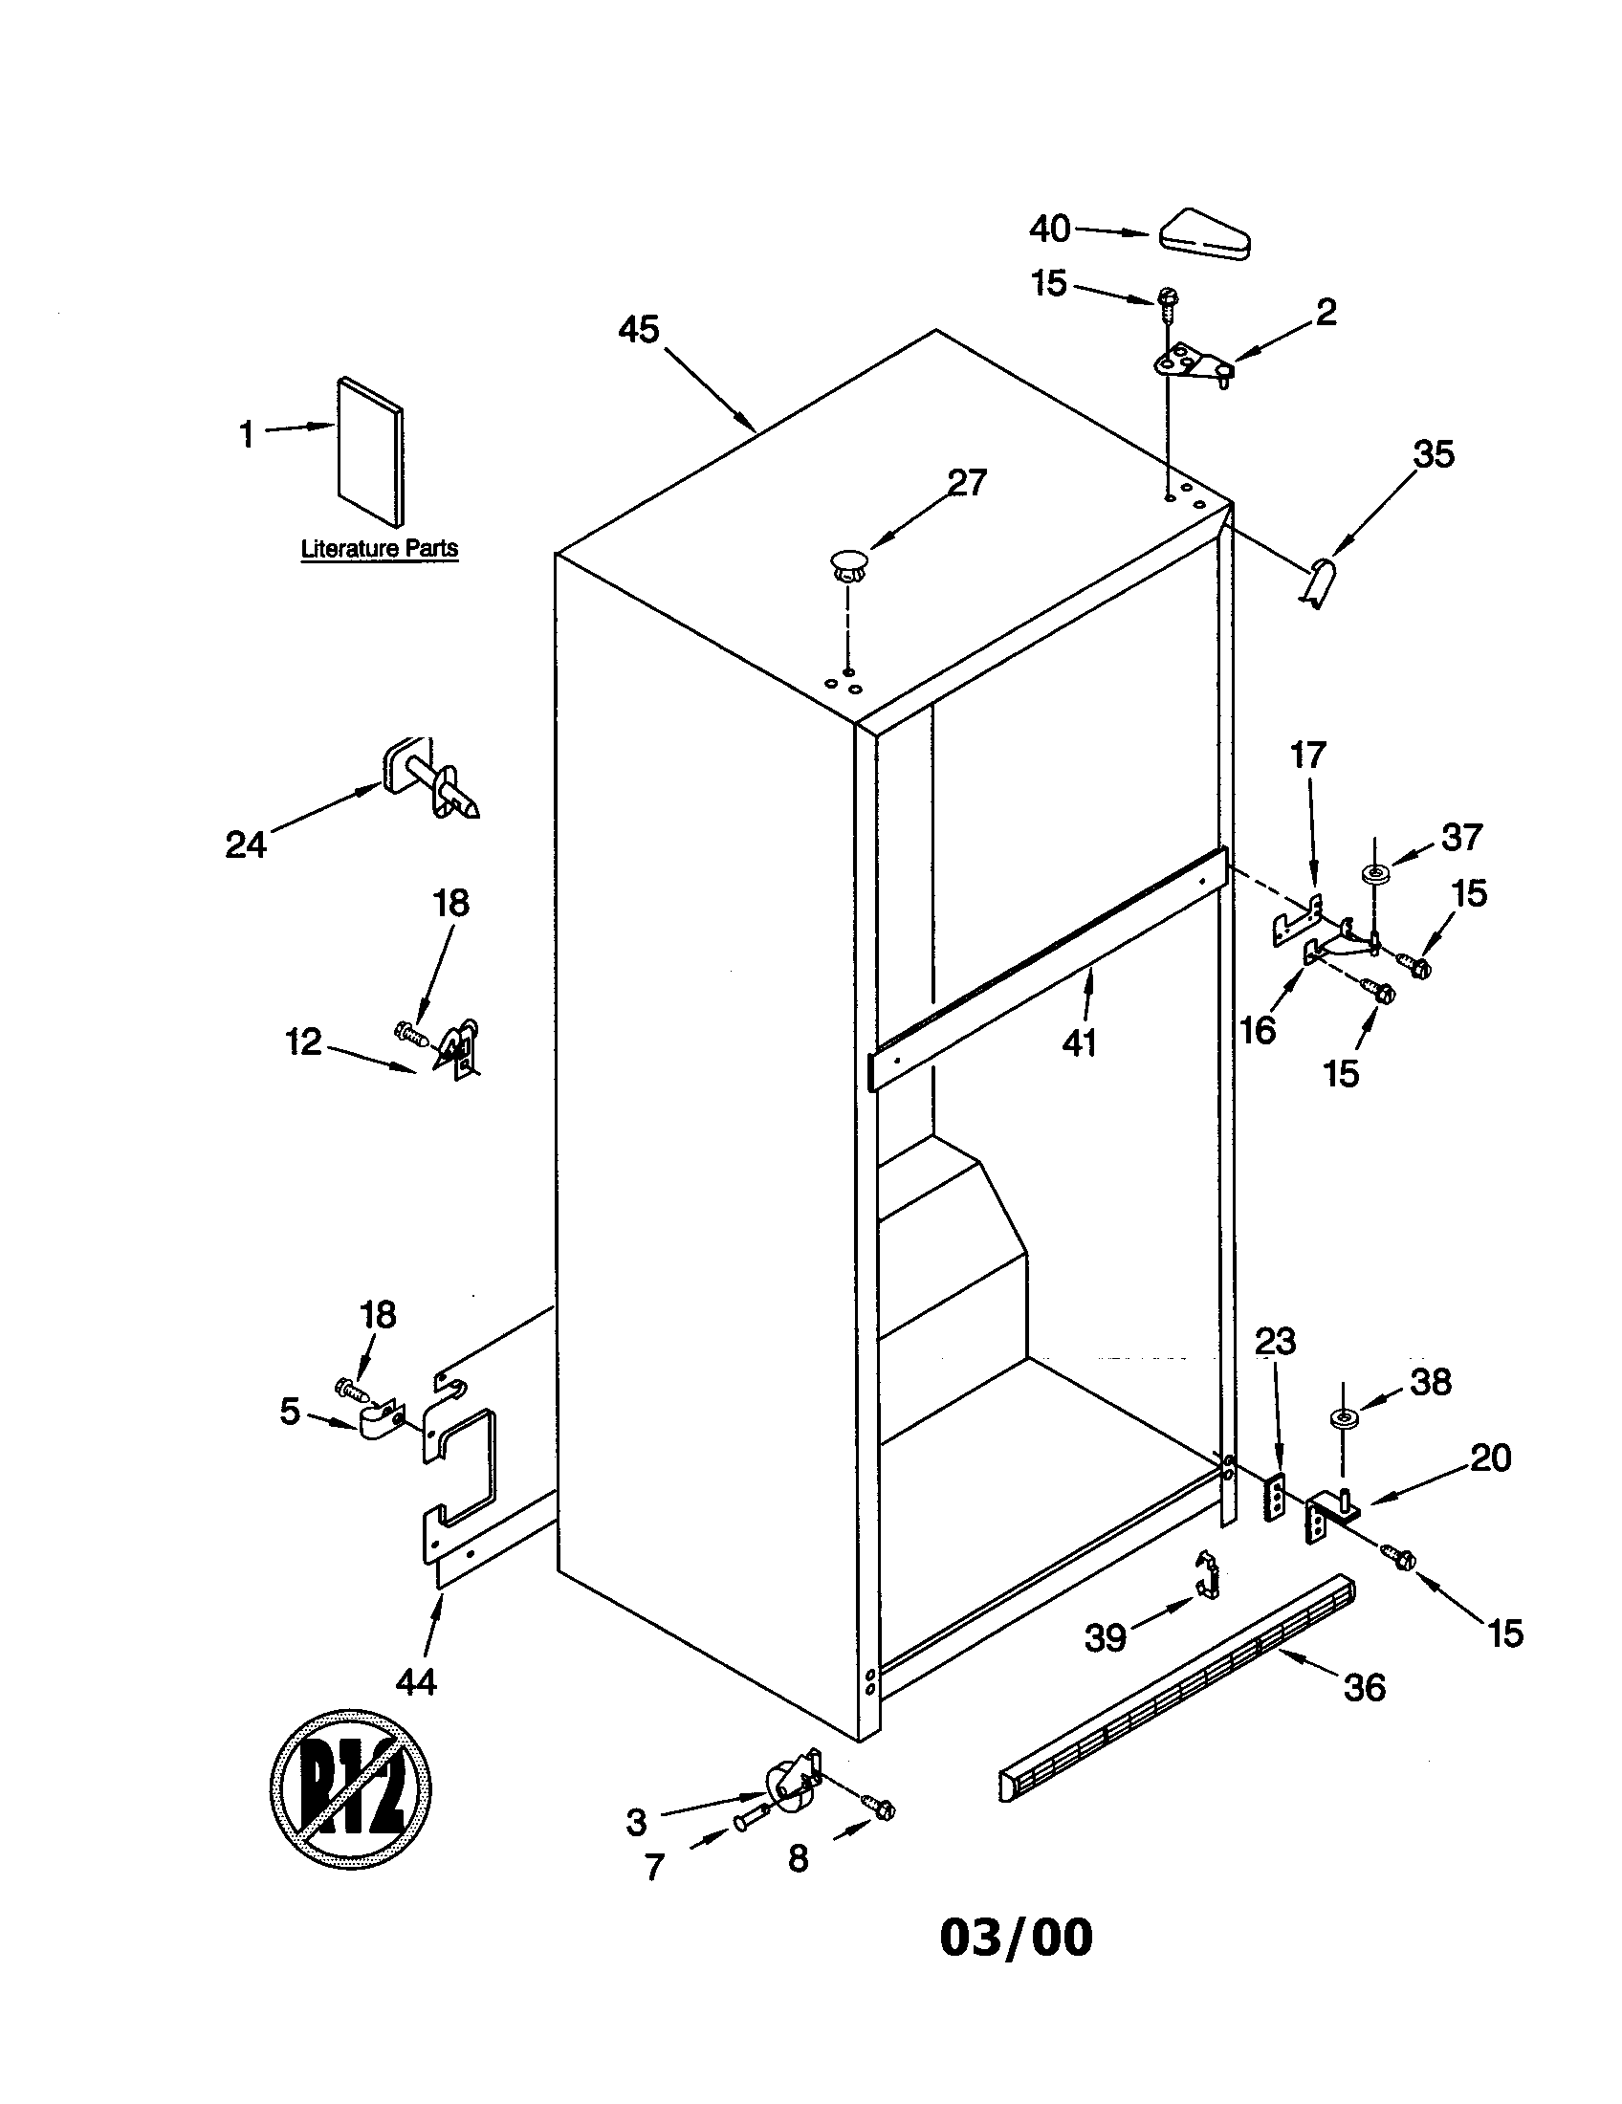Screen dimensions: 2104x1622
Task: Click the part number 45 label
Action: [638, 330]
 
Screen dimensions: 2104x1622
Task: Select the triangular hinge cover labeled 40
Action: [1204, 233]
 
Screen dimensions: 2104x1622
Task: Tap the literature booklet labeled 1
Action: [371, 450]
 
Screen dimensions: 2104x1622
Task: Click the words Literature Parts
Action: [380, 549]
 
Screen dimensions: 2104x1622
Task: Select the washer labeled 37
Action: [1373, 874]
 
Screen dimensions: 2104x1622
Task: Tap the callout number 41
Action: [1079, 1041]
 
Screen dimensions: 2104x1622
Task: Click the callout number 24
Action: [245, 844]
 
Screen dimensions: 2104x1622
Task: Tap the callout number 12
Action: [303, 1041]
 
